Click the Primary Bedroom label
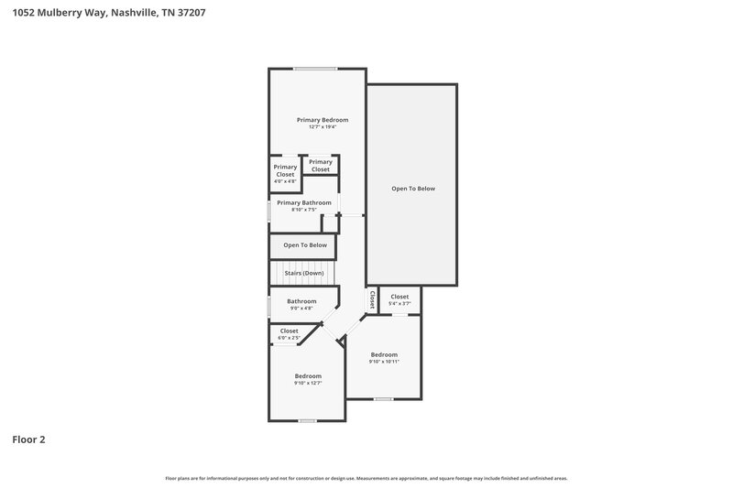pos(322,120)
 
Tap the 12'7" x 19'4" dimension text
pos(322,127)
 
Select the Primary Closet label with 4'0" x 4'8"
pos(285,170)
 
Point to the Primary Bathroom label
pos(303,202)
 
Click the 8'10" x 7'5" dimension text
pos(303,210)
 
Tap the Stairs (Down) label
pos(303,273)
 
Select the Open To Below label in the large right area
pos(412,189)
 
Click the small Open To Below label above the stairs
pos(304,245)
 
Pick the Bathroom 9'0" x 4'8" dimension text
pos(301,309)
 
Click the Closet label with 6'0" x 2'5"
pos(289,331)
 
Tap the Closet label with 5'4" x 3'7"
pos(399,297)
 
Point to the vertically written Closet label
pos(372,299)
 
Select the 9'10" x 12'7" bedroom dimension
pos(308,384)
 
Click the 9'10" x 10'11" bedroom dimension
pos(384,362)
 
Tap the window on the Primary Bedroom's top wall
pos(315,69)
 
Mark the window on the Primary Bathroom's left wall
pos(268,211)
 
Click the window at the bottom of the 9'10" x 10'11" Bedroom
pos(383,398)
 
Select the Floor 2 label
pos(28,439)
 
